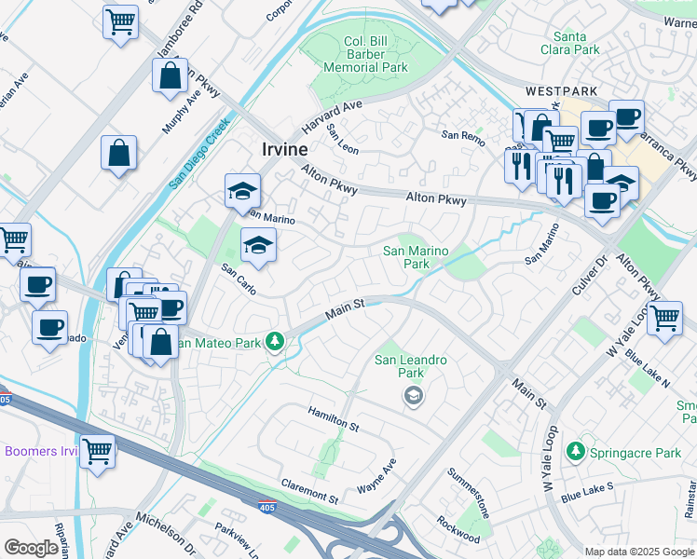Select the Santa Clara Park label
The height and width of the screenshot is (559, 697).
[569, 44]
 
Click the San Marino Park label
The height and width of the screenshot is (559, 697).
[416, 257]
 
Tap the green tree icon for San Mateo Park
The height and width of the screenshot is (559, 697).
[274, 342]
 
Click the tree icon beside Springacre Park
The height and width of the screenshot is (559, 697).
[576, 452]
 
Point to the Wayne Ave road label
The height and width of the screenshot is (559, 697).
[376, 475]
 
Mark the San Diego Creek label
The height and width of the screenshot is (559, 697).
[199, 154]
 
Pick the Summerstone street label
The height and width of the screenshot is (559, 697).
[471, 493]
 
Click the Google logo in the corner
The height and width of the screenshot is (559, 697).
[32, 548]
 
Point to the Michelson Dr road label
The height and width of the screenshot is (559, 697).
[166, 525]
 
